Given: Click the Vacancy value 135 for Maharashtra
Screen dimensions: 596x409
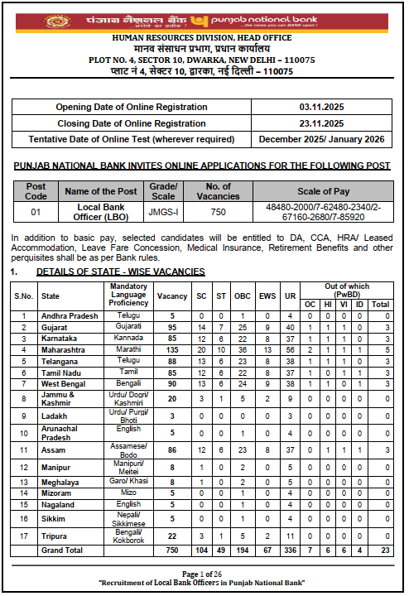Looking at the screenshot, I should [x=172, y=350].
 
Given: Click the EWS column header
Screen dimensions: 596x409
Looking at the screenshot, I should [x=267, y=296].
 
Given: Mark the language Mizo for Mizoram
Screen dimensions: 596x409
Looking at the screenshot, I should [x=128, y=493].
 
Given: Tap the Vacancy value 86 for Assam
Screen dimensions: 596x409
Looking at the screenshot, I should [x=172, y=449].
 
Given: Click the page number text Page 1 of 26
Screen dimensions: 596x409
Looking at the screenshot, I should [x=204, y=574].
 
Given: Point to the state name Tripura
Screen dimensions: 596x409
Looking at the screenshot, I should [x=55, y=536].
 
